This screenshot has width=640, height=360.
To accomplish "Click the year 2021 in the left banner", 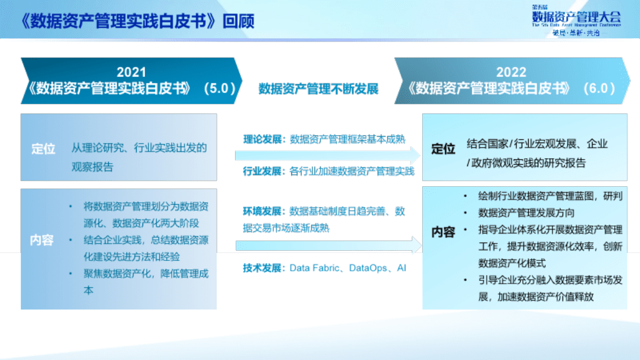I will pos(131,72).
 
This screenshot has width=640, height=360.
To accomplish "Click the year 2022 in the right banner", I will pos(511,72).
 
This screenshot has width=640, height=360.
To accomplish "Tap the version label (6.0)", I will pos(599,88).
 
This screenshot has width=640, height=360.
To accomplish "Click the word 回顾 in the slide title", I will pos(239,21).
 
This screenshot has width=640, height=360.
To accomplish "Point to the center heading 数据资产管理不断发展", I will pos(318,89).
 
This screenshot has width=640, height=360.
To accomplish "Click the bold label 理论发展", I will pos(262,139).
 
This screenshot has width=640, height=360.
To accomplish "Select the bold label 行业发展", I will pos(262,172).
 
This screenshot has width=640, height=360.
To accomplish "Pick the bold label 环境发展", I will pos(262,211).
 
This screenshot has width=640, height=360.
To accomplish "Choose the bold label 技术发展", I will pos(262,268).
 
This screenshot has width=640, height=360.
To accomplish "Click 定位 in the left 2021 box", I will pos(43,149).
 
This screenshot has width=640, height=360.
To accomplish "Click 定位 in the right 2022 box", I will pos(443,149).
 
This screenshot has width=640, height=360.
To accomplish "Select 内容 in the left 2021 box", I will pos(42,240).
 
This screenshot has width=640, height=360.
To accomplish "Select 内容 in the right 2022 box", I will pos(443,232).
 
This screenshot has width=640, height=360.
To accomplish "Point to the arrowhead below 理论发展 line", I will pos(416,156).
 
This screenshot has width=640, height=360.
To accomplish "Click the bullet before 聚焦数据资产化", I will pos(70,274).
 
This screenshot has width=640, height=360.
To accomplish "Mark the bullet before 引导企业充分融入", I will pos(466,281).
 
